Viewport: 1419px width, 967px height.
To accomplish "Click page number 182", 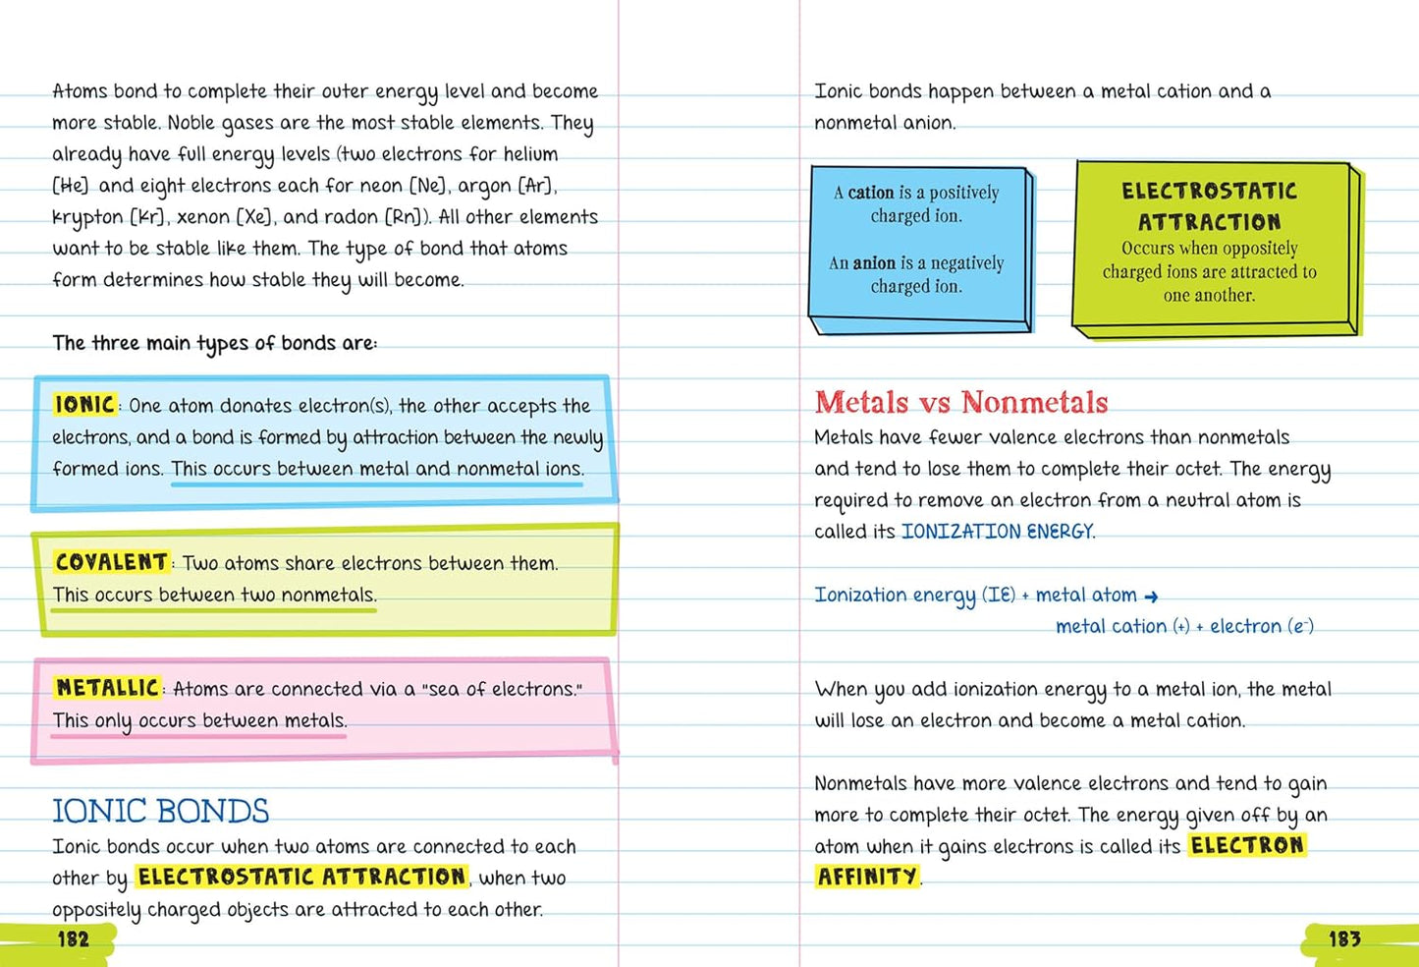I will click(x=74, y=939).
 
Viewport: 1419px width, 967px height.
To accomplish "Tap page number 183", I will click(x=1344, y=939).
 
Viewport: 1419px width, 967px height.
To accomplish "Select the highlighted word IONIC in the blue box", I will click(x=84, y=404).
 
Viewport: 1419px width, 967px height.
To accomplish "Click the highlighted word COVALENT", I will click(x=111, y=562).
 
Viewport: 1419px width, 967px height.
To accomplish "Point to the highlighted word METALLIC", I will click(x=107, y=688).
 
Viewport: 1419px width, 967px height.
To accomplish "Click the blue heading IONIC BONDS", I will click(x=160, y=812).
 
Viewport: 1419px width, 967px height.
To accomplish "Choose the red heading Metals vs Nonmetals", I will click(x=960, y=402).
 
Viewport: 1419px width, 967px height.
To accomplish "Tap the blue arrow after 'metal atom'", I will click(x=1152, y=597).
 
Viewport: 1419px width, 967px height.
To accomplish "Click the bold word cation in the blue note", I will click(x=871, y=193).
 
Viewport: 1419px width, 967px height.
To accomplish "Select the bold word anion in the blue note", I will click(x=874, y=263).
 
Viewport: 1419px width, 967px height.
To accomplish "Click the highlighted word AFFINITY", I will click(x=867, y=877).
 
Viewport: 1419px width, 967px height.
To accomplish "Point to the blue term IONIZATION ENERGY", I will click(x=997, y=532).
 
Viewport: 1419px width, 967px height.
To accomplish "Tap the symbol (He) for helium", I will click(x=70, y=186).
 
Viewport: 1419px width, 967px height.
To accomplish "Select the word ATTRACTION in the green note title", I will click(x=1209, y=222).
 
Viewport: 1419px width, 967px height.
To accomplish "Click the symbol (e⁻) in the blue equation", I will click(x=1300, y=627).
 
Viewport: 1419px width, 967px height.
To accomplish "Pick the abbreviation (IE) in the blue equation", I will click(x=1000, y=595).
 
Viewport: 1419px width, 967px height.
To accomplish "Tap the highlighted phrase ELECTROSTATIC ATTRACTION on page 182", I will click(x=301, y=877).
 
